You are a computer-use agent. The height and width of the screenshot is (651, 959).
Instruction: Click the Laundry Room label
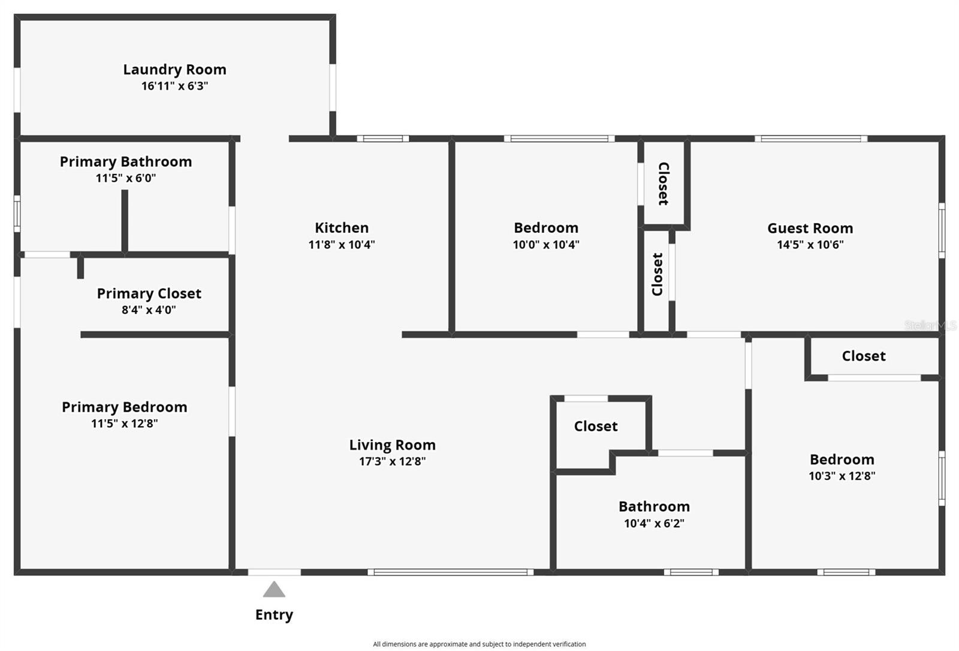(x=174, y=70)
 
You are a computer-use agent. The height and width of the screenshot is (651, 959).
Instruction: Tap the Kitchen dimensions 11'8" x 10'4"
(x=342, y=244)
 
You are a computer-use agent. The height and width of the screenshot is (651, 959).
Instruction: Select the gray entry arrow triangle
(x=274, y=590)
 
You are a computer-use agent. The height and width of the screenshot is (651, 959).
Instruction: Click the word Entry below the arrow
(x=274, y=614)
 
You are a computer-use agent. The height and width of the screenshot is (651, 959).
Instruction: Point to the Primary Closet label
(x=149, y=293)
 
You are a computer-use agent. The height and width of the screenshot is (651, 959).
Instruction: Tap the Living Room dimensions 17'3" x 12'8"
(x=392, y=461)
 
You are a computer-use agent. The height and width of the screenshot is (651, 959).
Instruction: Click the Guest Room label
(x=810, y=228)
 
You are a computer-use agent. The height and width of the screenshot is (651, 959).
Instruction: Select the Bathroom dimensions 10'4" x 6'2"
(x=654, y=523)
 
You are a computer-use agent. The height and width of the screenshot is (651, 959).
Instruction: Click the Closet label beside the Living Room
(x=595, y=426)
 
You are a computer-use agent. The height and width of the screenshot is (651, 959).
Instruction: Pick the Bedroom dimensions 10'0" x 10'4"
(x=545, y=244)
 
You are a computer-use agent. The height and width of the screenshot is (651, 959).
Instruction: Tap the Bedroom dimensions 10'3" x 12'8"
(x=842, y=476)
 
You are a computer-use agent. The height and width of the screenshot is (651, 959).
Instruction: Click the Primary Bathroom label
(x=125, y=161)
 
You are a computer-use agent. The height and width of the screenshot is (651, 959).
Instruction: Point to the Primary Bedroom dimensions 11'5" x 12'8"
(x=124, y=424)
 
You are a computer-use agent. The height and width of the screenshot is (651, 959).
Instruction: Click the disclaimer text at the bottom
(x=479, y=644)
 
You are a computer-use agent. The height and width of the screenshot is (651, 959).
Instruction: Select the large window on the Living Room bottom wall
(x=450, y=572)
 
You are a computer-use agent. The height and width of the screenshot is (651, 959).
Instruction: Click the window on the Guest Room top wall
(x=810, y=139)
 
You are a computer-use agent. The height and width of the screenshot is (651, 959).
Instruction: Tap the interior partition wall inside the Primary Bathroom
(x=125, y=221)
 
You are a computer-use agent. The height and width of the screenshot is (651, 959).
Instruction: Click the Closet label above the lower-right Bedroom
(x=863, y=356)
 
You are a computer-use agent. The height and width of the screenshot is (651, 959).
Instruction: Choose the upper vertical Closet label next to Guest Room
(x=664, y=184)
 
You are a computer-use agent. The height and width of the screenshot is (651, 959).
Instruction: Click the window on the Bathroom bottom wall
(x=690, y=572)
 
